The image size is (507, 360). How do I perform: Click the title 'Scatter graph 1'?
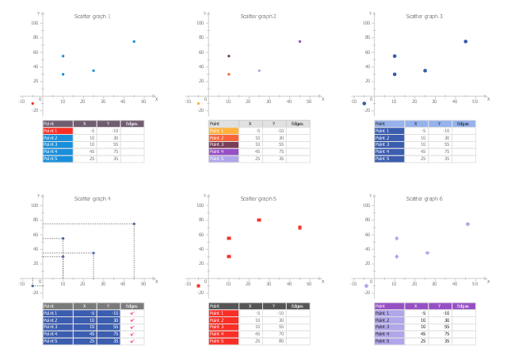(x=93, y=16)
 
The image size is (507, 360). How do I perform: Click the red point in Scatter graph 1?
(x=32, y=103)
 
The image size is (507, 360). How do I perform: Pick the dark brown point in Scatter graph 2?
(x=229, y=56)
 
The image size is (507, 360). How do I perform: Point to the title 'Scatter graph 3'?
(x=425, y=16)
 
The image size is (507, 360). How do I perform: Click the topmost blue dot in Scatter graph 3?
(x=466, y=41)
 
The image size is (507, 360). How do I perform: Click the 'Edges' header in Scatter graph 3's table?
(x=463, y=124)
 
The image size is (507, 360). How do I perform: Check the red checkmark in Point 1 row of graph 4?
(x=132, y=313)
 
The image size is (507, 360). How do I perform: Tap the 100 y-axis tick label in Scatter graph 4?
(x=35, y=205)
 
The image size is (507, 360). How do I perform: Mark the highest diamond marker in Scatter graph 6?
(x=467, y=224)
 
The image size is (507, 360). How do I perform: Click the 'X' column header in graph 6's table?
(x=417, y=306)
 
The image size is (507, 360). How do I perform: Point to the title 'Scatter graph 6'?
(x=425, y=198)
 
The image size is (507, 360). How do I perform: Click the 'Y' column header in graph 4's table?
(x=108, y=306)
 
